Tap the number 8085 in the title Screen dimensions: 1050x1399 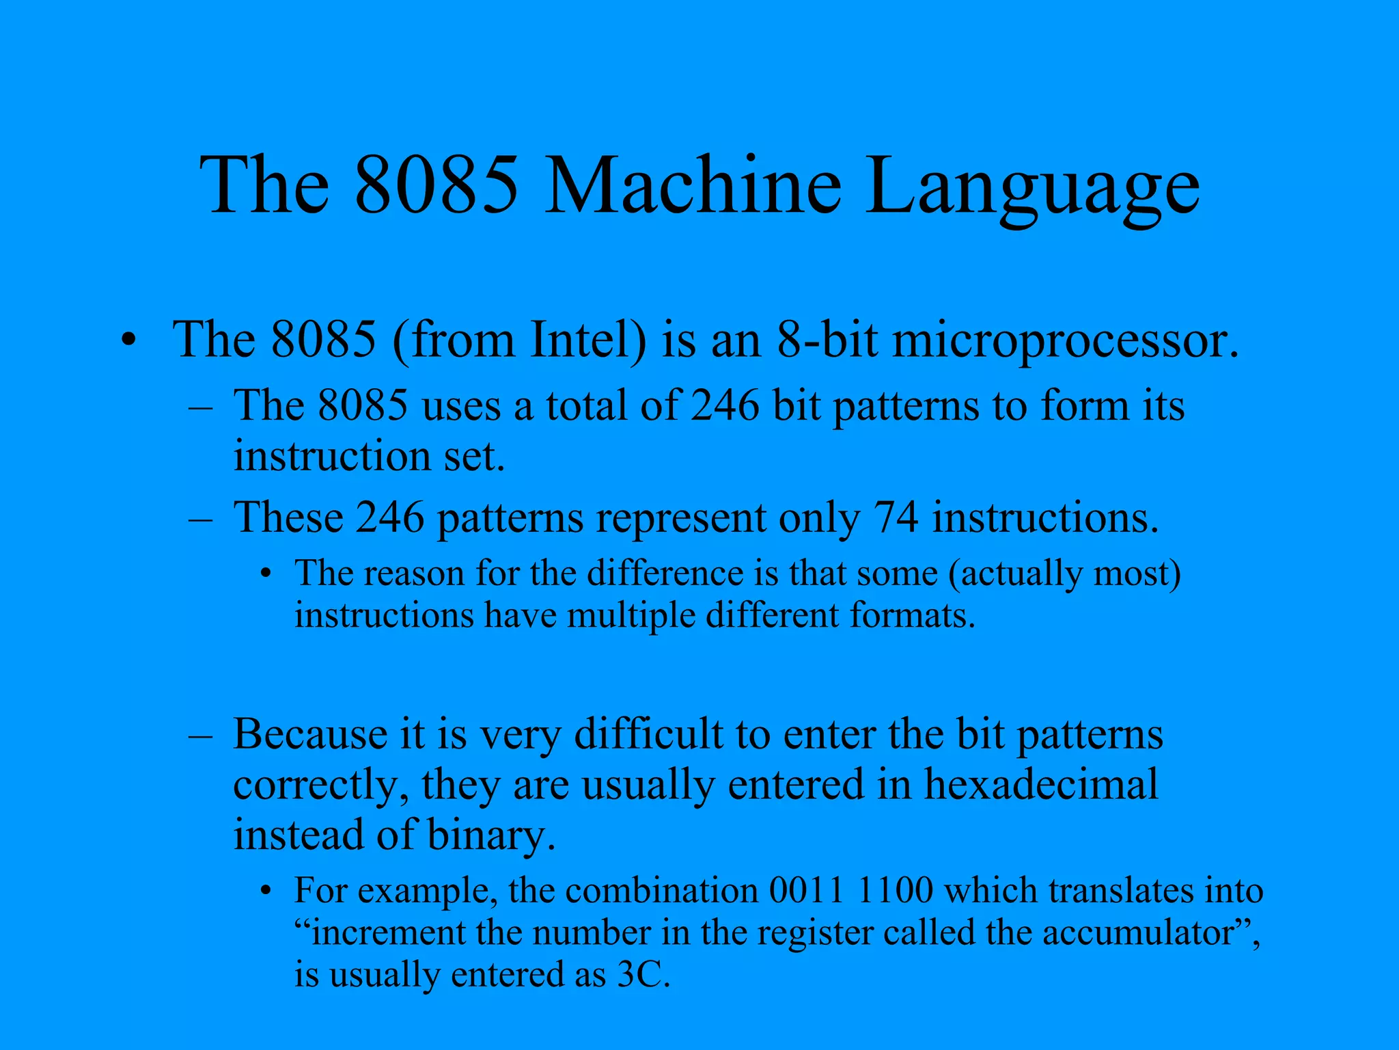[x=437, y=186]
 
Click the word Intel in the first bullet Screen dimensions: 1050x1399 [x=588, y=340]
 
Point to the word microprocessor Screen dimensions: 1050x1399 [x=1066, y=341]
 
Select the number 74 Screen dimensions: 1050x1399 [x=896, y=517]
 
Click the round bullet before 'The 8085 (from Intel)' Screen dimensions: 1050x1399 [x=128, y=340]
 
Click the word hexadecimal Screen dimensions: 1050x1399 [x=1041, y=784]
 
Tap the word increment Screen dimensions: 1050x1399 [x=389, y=933]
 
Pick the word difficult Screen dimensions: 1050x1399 [x=648, y=734]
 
